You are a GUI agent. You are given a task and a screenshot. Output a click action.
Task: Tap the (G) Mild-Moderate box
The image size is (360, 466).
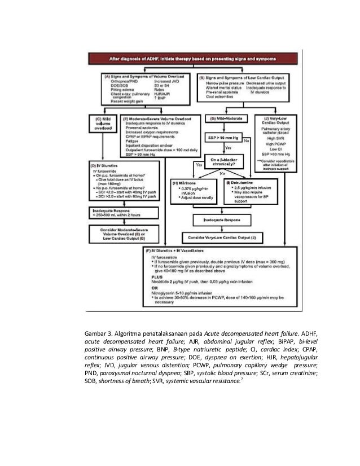[224, 118]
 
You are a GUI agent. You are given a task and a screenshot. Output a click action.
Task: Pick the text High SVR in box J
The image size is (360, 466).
[276, 138]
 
